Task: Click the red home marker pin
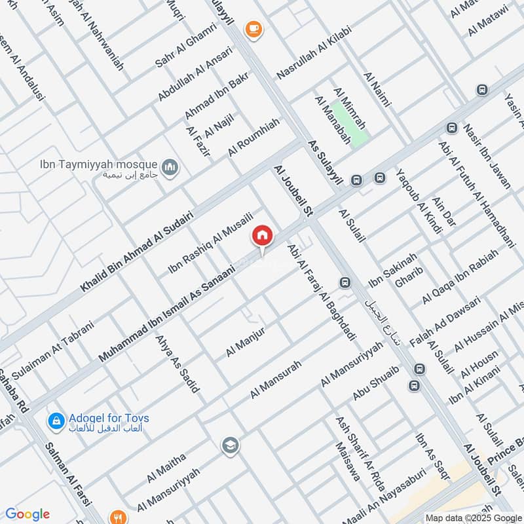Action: pyautogui.click(x=263, y=236)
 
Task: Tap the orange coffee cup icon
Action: pyautogui.click(x=253, y=29)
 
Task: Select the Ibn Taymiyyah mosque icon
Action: pyautogui.click(x=171, y=168)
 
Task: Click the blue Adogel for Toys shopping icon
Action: pyautogui.click(x=56, y=420)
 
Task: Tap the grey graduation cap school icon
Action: pyautogui.click(x=230, y=446)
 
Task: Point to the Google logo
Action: pyautogui.click(x=27, y=514)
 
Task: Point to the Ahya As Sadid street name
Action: pyautogui.click(x=177, y=364)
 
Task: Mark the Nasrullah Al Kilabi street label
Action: pyautogui.click(x=314, y=53)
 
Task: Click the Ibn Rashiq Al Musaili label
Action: pyautogui.click(x=210, y=242)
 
